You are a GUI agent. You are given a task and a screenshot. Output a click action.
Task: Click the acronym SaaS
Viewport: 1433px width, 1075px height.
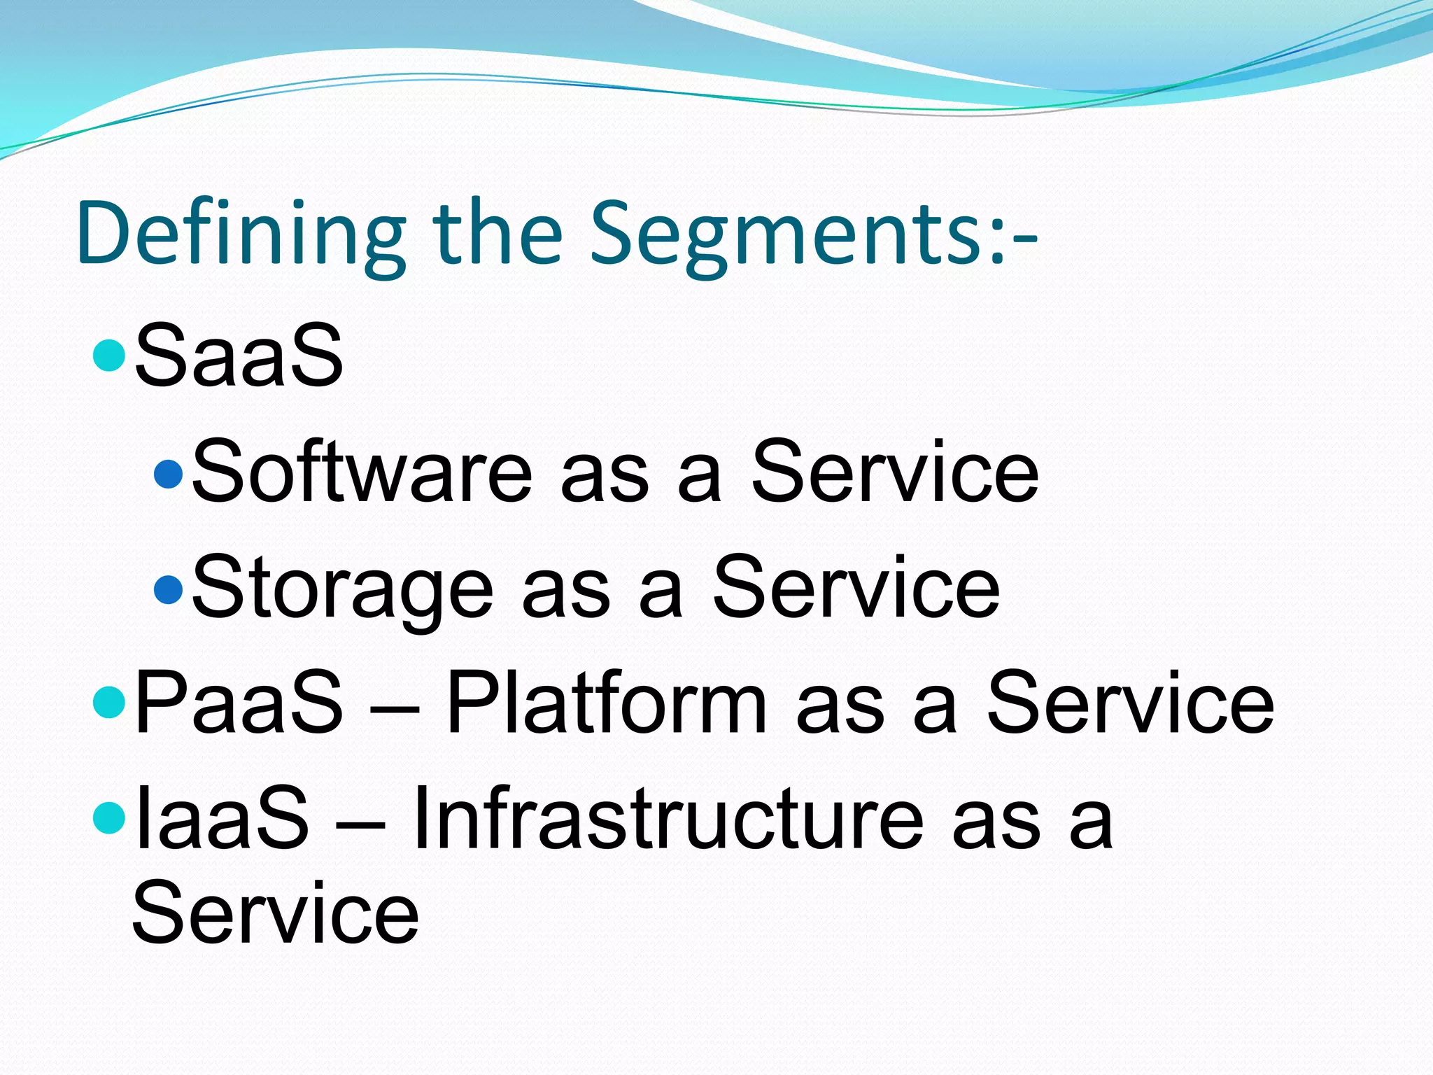239,355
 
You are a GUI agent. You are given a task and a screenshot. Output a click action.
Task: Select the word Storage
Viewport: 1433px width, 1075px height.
343,588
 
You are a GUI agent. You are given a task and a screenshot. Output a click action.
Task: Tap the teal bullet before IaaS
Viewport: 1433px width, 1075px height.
108,818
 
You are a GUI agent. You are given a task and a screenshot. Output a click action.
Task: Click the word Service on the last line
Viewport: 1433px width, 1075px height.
275,913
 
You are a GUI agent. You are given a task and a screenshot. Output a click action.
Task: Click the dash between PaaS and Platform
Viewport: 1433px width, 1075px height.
395,707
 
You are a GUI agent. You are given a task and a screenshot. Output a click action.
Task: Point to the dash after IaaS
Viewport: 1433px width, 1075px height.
361,822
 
